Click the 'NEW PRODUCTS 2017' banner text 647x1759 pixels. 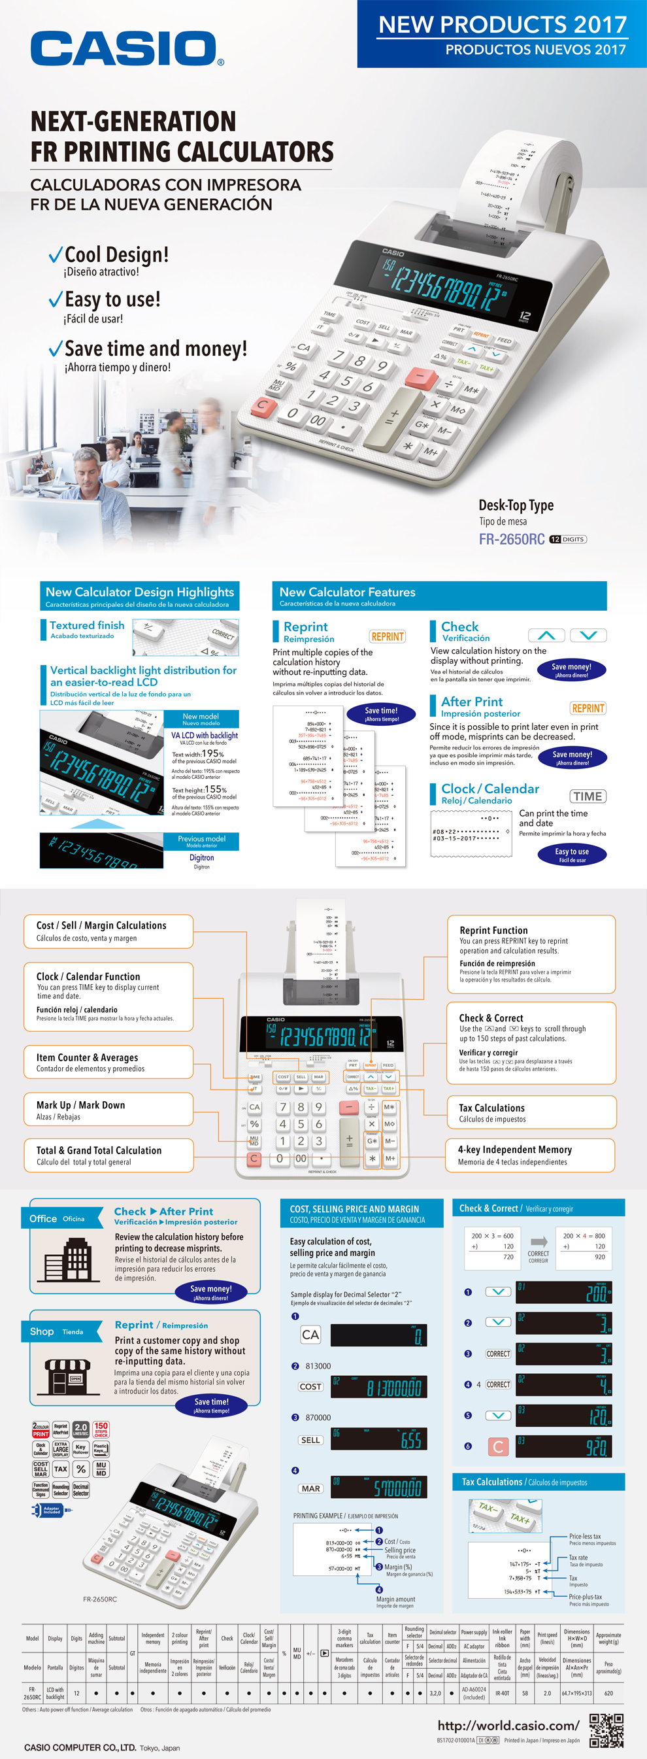[x=503, y=25]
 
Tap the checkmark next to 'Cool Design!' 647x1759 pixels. [x=56, y=256]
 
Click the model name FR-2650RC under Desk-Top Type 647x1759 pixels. [x=511, y=539]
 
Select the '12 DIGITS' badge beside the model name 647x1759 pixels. [x=568, y=539]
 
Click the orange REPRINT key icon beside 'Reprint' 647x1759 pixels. [x=387, y=636]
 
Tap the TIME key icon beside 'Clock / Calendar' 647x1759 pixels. [x=587, y=796]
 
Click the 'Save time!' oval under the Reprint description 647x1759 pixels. [x=381, y=713]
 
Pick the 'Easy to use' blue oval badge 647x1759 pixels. [x=571, y=854]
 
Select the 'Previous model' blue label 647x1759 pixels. [x=201, y=840]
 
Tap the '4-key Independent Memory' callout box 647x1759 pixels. [x=530, y=1155]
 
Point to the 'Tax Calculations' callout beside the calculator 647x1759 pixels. [x=530, y=1112]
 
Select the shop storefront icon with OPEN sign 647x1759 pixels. [x=67, y=1375]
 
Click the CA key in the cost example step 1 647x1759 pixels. [x=310, y=1334]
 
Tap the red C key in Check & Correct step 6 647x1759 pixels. [x=497, y=1446]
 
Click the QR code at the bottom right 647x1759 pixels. [x=605, y=1730]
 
